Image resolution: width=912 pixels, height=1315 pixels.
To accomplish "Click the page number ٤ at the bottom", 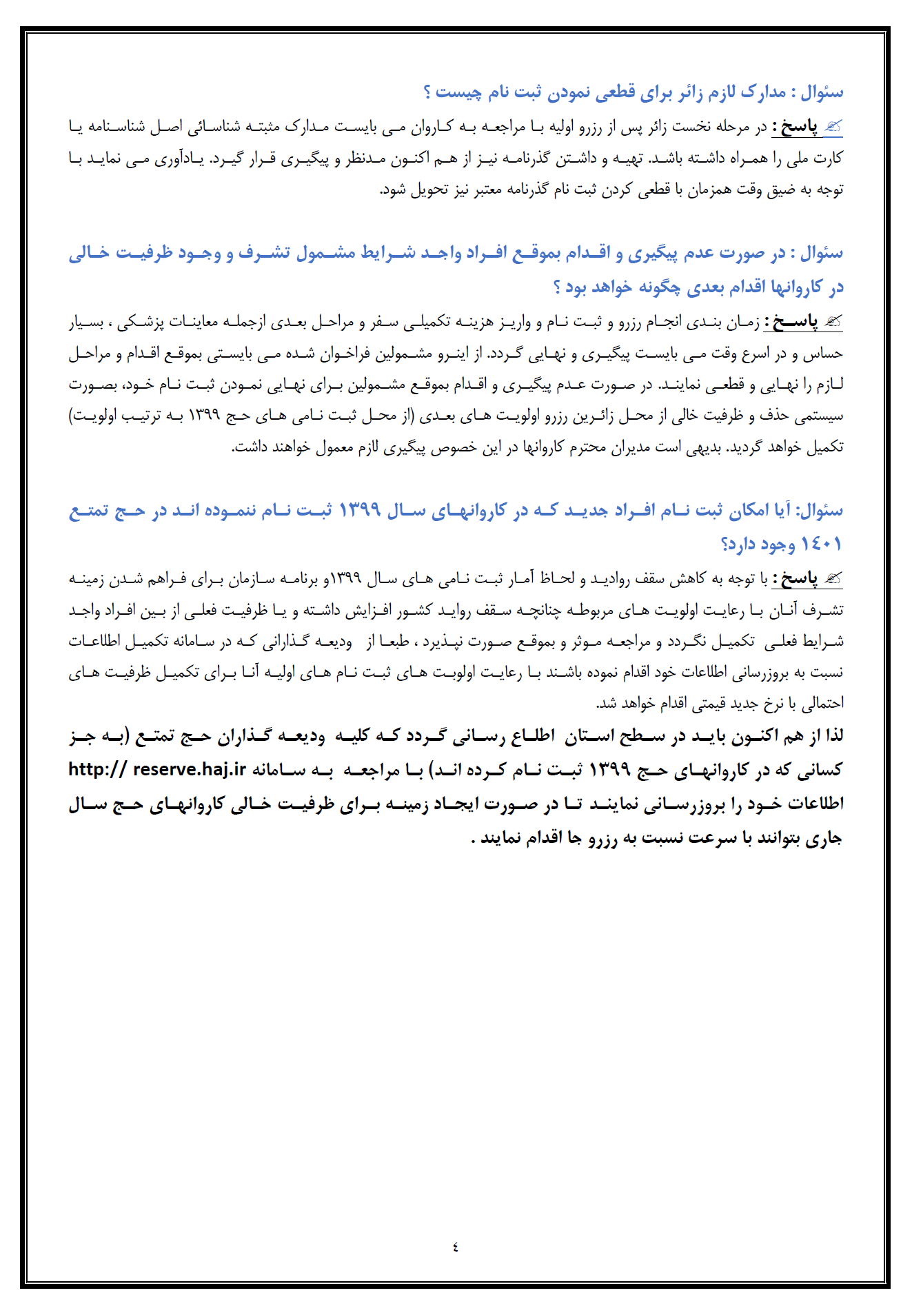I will (455, 1246).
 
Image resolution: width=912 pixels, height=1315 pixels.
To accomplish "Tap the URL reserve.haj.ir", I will (190, 769).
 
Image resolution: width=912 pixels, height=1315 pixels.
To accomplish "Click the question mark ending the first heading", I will (428, 92).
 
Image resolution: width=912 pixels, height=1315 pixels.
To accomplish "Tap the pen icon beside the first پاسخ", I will (833, 126).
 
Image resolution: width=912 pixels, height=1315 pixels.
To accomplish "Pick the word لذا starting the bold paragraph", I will (833, 735).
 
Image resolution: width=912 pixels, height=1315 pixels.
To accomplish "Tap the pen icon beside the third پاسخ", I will (833, 578).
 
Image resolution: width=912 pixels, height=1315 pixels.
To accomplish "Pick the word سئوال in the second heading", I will (822, 253).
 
